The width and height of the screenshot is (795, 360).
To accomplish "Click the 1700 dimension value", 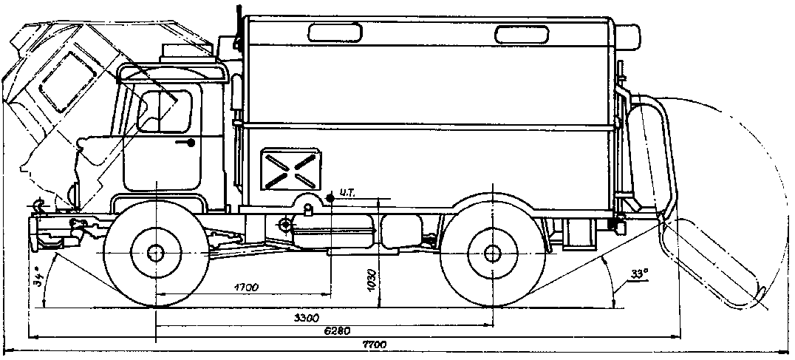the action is tap(246, 288).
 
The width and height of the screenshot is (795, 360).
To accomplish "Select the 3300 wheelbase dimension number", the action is tap(306, 319).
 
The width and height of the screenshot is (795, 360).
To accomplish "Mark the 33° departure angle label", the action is tap(639, 274).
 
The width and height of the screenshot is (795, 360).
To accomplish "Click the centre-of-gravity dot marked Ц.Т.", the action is tap(330, 197).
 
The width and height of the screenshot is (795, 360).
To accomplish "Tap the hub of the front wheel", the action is tap(156, 253).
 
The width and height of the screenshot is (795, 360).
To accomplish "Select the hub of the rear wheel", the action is tap(492, 254).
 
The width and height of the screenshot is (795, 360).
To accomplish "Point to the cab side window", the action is tap(165, 112).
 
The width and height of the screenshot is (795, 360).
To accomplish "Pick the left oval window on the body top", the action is tap(335, 33).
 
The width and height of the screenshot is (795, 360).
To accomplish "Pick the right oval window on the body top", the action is tap(522, 35).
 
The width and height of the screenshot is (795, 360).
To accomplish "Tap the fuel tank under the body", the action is tap(332, 231).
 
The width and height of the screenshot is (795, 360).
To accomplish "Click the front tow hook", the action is tap(36, 206).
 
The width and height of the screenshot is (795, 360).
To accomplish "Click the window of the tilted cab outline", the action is tap(68, 81).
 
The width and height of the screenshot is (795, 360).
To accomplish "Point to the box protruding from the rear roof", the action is tap(628, 36).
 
